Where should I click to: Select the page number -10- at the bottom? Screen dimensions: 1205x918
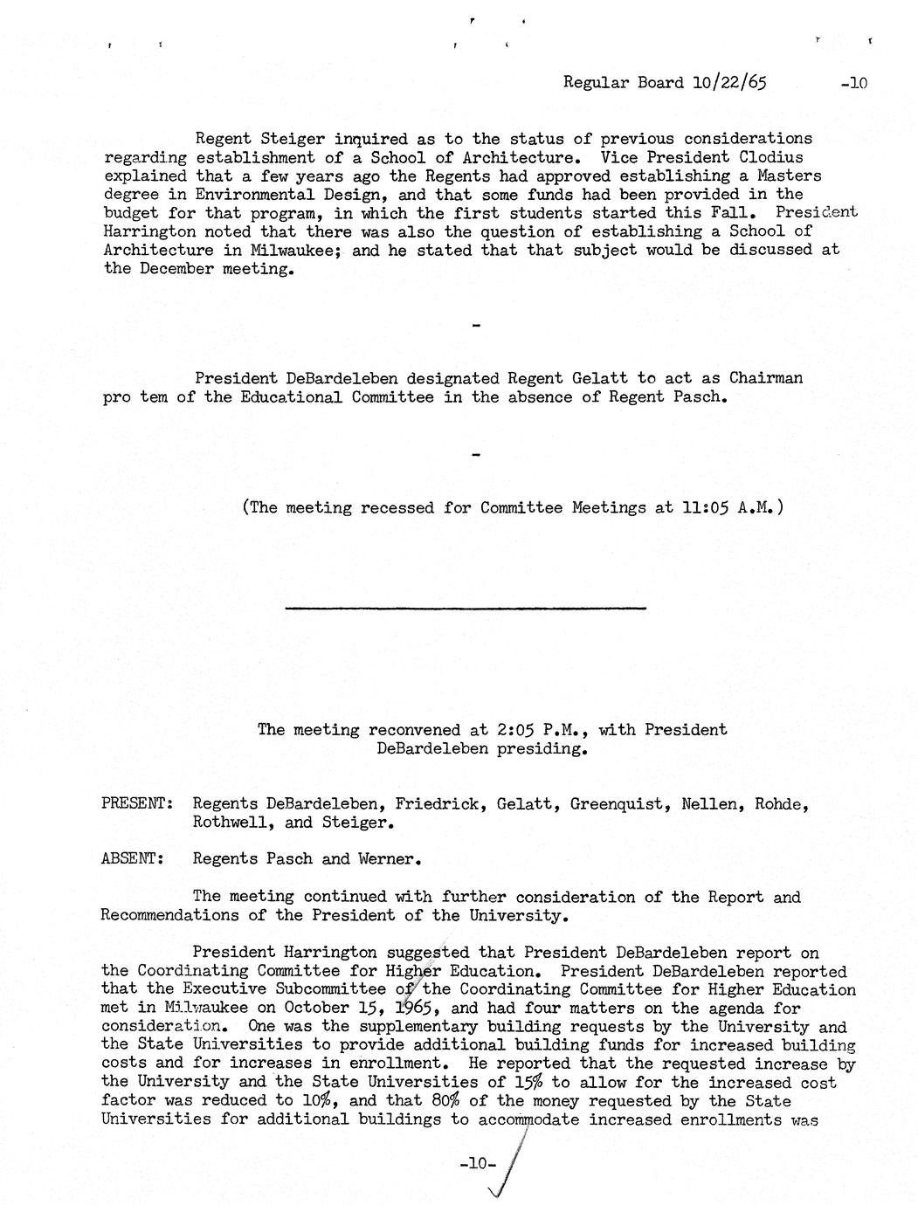pyautogui.click(x=476, y=1163)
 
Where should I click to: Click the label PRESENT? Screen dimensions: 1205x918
pyautogui.click(x=135, y=804)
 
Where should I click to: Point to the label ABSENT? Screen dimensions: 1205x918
pyautogui.click(x=133, y=859)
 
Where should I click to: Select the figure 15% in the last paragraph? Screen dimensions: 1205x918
pyautogui.click(x=528, y=1083)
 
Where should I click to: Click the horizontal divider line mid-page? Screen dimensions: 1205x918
pyautogui.click(x=466, y=608)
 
